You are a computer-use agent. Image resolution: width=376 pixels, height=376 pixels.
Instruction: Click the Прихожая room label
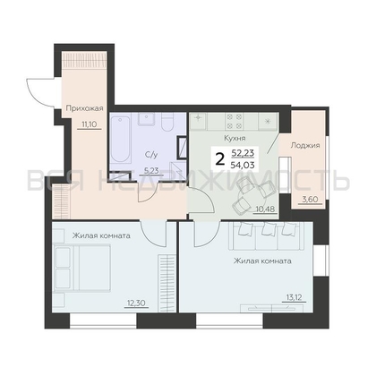click(x=84, y=108)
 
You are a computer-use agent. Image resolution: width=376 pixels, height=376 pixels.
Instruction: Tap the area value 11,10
click(x=89, y=124)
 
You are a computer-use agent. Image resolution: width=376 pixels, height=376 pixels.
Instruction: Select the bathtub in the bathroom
click(x=121, y=140)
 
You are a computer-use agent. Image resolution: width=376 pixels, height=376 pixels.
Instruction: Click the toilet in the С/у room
click(x=167, y=123)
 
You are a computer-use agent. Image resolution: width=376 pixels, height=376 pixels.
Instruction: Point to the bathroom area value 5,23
click(x=151, y=170)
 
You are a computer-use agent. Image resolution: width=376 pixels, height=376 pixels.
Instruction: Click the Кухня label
click(x=235, y=138)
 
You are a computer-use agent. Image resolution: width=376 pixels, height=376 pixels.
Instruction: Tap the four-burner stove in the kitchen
click(x=234, y=121)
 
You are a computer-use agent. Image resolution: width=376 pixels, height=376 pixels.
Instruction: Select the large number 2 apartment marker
click(x=220, y=159)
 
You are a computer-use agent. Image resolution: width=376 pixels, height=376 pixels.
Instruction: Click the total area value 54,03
click(x=243, y=165)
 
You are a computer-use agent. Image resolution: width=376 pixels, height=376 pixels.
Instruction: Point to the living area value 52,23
click(x=243, y=153)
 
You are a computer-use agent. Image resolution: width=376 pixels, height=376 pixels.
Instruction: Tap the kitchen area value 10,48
click(x=264, y=209)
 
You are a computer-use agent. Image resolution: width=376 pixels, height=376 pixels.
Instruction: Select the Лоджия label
click(x=305, y=145)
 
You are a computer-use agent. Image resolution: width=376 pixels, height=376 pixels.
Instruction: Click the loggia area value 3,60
click(x=311, y=200)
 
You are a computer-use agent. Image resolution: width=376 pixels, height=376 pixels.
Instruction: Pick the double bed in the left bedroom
click(x=81, y=267)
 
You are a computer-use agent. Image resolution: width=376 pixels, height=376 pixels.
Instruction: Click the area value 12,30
click(x=136, y=303)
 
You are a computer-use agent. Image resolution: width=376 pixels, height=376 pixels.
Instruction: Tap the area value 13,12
click(x=294, y=298)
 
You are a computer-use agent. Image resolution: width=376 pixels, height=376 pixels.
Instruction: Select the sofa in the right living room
click(x=266, y=235)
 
